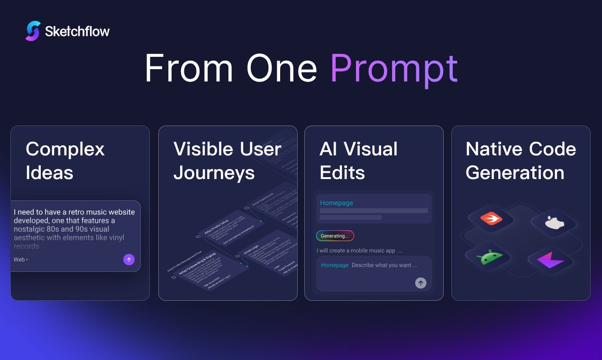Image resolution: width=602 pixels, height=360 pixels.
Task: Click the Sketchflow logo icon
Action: coord(33,31)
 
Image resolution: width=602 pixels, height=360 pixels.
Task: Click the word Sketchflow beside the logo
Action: coord(77,32)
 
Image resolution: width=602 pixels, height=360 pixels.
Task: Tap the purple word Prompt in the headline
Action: coord(393,69)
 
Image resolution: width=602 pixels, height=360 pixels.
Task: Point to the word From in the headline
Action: coord(189,69)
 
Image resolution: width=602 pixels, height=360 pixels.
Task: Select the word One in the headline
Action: coord(282,69)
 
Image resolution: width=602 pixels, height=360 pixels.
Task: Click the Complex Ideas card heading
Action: coord(65,161)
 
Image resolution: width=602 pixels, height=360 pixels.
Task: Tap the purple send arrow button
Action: coord(128,260)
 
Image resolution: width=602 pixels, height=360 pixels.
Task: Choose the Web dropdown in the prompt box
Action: coord(21,260)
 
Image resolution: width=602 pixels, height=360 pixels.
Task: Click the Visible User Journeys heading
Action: coord(227,161)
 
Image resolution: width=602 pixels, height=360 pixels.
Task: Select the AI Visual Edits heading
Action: coord(358,161)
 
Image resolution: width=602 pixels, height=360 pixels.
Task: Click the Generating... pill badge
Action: coord(335,236)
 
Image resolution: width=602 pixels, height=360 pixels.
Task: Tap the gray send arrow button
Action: coord(420,283)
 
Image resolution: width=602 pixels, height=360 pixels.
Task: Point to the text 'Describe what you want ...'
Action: coord(384,265)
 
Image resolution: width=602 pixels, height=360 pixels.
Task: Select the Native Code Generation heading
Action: coord(520,161)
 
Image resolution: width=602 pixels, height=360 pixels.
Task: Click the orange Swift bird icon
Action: coord(491,218)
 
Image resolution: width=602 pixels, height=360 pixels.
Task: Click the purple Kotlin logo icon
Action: coord(550,260)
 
